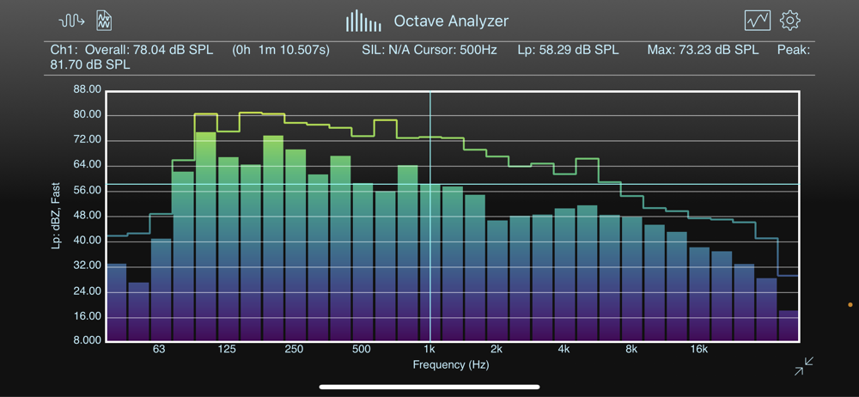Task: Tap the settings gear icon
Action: click(x=789, y=20)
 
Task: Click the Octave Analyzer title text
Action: click(x=451, y=21)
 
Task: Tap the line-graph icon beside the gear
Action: click(x=757, y=20)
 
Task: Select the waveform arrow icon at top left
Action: click(x=71, y=20)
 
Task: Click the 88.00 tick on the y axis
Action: click(x=88, y=89)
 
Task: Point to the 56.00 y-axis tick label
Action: click(x=88, y=190)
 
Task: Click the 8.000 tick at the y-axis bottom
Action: click(x=88, y=341)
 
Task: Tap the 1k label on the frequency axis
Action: click(x=429, y=350)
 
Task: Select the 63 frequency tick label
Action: click(x=159, y=350)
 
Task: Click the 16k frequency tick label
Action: click(x=698, y=350)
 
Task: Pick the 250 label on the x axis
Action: click(x=294, y=350)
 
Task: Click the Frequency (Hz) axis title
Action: click(x=450, y=364)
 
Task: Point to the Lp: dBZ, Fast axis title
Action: click(x=56, y=215)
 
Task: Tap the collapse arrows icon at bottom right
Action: click(x=804, y=367)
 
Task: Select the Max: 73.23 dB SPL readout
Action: click(x=703, y=50)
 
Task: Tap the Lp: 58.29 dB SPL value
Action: click(x=568, y=50)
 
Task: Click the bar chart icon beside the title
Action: click(x=363, y=21)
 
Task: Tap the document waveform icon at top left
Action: click(x=104, y=20)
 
